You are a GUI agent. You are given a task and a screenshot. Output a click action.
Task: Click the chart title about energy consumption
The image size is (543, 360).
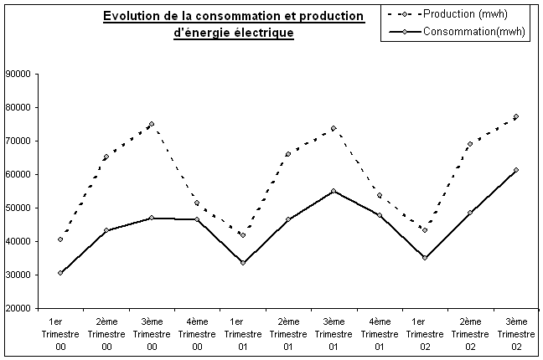(234, 25)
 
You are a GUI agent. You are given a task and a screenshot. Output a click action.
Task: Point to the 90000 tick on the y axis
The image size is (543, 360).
(18, 74)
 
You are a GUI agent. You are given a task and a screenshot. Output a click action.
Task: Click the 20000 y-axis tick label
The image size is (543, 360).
(18, 308)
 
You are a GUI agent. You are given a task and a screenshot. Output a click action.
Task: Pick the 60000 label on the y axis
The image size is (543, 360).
(18, 174)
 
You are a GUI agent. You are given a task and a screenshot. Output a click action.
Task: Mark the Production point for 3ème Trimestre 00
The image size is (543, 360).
(152, 124)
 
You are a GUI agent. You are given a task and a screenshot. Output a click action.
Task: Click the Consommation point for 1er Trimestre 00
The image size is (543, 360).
(60, 273)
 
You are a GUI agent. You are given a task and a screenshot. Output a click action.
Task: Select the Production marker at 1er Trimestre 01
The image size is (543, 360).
(243, 235)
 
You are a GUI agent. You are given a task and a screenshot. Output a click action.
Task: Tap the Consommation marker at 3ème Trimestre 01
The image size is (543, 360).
(334, 191)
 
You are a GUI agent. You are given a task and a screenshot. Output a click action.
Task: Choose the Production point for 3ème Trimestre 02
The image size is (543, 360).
(516, 116)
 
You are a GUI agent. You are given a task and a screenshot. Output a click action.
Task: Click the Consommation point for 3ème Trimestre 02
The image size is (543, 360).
(516, 170)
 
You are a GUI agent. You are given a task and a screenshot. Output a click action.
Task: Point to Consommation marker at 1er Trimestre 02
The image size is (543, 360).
(425, 258)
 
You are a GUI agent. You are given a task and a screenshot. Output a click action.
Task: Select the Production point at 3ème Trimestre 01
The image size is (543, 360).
(334, 128)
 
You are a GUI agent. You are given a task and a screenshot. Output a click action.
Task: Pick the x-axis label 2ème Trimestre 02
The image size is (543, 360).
(471, 334)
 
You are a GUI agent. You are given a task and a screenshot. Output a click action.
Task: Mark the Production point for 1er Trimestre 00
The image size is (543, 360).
(60, 239)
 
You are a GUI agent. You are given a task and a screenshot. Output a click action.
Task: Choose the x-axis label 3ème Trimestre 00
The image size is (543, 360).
(152, 334)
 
